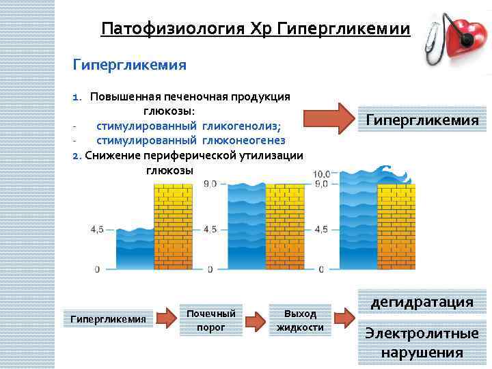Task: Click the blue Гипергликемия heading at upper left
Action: (130, 65)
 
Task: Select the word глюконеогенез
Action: (243, 140)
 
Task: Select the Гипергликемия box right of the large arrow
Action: (422, 120)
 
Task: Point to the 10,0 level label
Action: (320, 174)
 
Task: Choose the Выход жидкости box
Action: (300, 320)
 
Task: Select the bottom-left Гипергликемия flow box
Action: (109, 319)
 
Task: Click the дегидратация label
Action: (422, 302)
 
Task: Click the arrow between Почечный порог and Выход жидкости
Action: (255, 320)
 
